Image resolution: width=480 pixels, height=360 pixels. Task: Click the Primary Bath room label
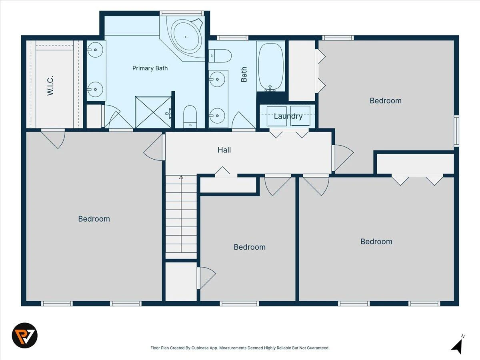tap(150, 68)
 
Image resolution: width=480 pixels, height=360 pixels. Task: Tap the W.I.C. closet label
tap(50, 86)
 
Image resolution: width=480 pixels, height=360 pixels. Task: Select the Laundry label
tap(288, 116)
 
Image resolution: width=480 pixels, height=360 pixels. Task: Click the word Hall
tap(224, 150)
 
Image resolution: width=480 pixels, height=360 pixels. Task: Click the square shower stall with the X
tap(153, 112)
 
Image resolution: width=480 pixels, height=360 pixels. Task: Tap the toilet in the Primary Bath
tap(190, 116)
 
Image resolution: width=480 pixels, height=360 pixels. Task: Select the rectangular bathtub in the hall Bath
tap(271, 66)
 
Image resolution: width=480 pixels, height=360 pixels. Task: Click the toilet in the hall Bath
tap(220, 56)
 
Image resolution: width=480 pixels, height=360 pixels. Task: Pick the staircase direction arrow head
tap(181, 177)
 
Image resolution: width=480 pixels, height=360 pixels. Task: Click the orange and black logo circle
tap(25, 336)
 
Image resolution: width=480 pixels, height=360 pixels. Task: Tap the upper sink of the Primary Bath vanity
tap(95, 50)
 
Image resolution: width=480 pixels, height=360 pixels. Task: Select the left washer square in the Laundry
tap(277, 116)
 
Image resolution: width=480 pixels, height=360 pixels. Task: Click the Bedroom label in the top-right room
tap(386, 101)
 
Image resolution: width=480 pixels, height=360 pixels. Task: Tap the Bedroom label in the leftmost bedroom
tap(94, 219)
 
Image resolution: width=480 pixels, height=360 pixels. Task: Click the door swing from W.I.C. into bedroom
tap(53, 139)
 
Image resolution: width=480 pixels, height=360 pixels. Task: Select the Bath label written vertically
tap(244, 74)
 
